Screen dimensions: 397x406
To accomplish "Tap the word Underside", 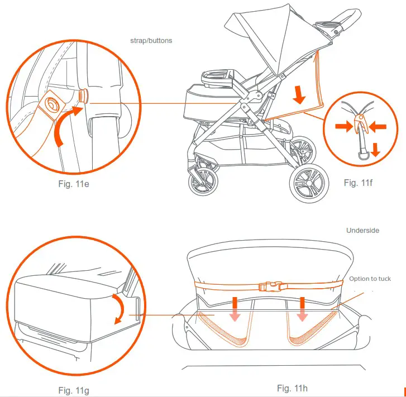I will tap(363, 230).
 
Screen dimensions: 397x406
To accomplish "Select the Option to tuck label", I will tap(370, 279).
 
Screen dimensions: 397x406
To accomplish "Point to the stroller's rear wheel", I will tap(307, 183).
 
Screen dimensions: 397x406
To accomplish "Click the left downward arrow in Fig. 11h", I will tap(235, 308).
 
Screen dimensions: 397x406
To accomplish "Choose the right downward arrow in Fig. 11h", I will tap(302, 308).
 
